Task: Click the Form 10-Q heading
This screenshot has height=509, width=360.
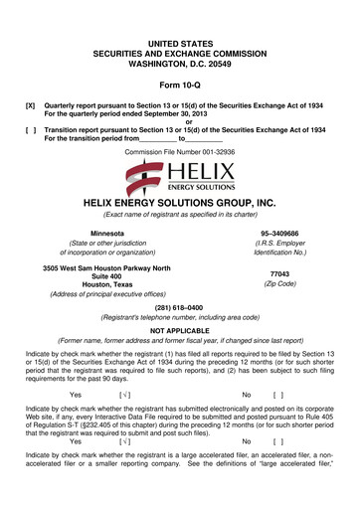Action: tap(180, 83)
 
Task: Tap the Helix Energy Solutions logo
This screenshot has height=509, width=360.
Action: tap(180, 179)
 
